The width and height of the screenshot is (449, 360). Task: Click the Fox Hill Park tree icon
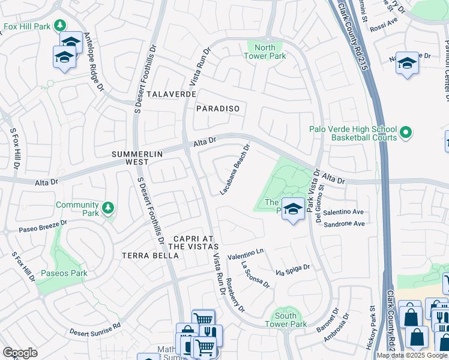click(x=59, y=25)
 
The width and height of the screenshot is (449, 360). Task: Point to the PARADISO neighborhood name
click(x=218, y=109)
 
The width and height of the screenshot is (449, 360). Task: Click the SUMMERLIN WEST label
click(x=137, y=158)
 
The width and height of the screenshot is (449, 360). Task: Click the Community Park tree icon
click(x=107, y=208)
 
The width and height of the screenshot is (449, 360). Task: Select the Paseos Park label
click(x=64, y=274)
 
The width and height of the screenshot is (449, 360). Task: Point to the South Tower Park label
click(x=286, y=320)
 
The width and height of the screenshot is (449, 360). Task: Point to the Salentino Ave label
click(x=344, y=212)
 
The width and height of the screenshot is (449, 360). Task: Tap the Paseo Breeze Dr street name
click(x=43, y=225)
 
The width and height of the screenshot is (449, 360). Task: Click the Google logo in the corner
click(x=20, y=352)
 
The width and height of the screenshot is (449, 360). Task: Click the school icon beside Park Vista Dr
click(x=292, y=209)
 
